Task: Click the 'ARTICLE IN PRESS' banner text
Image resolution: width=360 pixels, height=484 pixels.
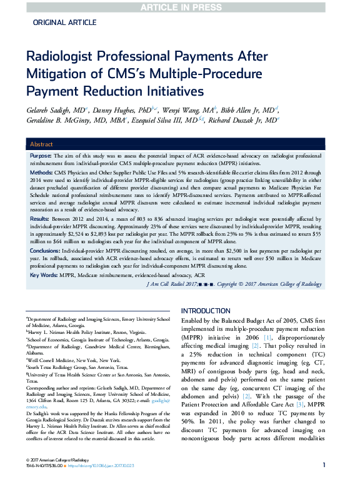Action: [179, 7]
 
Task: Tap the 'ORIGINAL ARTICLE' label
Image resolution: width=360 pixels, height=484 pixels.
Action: [61, 22]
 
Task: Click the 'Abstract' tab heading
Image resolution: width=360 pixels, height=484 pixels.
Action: [42, 143]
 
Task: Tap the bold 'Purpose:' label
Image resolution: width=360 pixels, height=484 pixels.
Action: [41, 154]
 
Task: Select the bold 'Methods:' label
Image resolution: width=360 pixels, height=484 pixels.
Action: [41, 172]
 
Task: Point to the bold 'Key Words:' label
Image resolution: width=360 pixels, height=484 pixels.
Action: [42, 275]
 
